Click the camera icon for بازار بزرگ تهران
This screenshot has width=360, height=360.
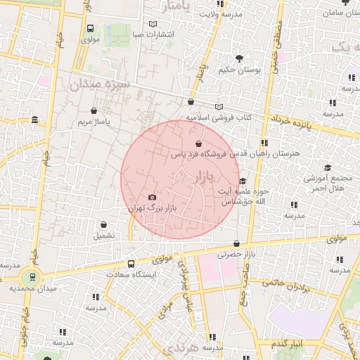tap(153, 198)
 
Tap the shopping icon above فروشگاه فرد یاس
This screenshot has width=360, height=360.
tap(189, 144)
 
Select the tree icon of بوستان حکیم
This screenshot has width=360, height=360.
tap(240, 58)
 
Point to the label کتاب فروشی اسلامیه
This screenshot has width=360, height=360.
tap(219, 117)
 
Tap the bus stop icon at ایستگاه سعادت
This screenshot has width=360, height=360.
tap(131, 264)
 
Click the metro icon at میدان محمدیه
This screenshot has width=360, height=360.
tap(30, 276)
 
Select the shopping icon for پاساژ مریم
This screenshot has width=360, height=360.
tap(94, 110)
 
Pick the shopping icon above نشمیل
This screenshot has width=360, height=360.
tap(103, 225)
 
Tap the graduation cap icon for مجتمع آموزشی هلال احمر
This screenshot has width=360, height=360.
tap(327, 167)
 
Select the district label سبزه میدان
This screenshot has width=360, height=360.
tap(101, 85)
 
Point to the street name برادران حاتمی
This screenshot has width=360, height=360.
tap(286, 285)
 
